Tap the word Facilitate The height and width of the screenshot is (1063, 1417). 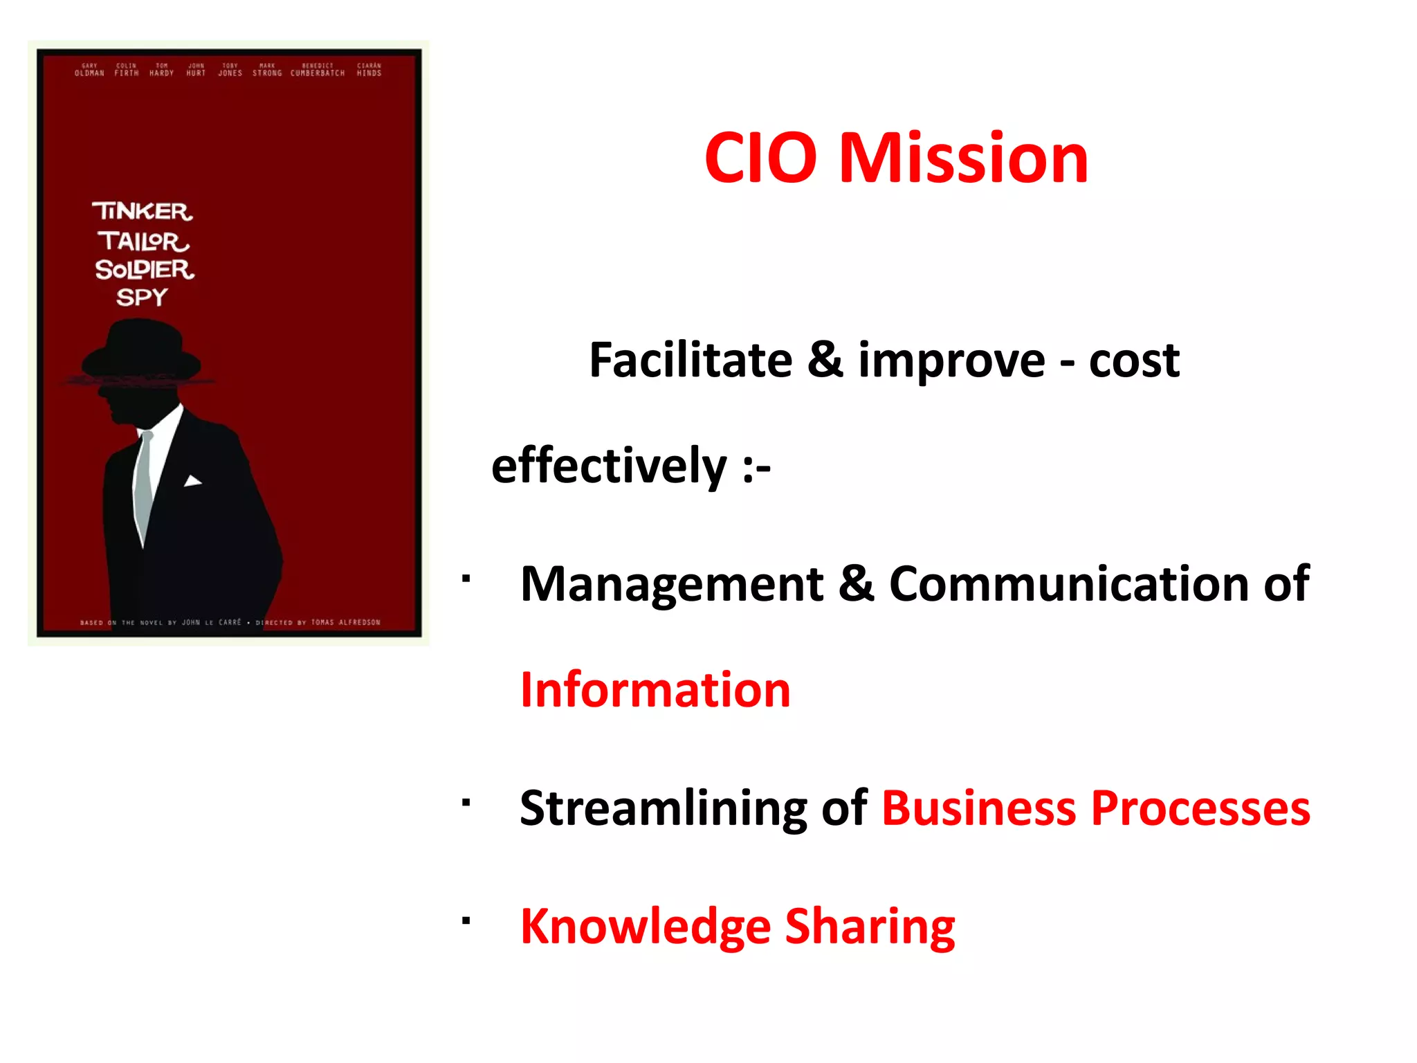pyautogui.click(x=690, y=361)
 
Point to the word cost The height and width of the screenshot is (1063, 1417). pyautogui.click(x=1134, y=361)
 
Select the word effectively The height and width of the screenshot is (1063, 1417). pyautogui.click(x=608, y=466)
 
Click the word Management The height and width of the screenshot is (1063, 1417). pyautogui.click(x=671, y=584)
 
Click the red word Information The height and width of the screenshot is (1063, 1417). pyautogui.click(x=655, y=690)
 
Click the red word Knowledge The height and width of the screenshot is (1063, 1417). pyautogui.click(x=645, y=927)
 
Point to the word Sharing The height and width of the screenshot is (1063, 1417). pyautogui.click(x=870, y=927)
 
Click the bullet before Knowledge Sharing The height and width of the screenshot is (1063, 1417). pyautogui.click(x=466, y=920)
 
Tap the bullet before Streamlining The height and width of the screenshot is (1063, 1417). pyautogui.click(x=466, y=802)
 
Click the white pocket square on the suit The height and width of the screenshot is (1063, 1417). pyautogui.click(x=192, y=481)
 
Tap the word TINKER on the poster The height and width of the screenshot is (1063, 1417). pyautogui.click(x=143, y=211)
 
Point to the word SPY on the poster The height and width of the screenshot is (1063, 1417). pyautogui.click(x=142, y=298)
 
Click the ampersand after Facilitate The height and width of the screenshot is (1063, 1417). pyautogui.click(x=825, y=361)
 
